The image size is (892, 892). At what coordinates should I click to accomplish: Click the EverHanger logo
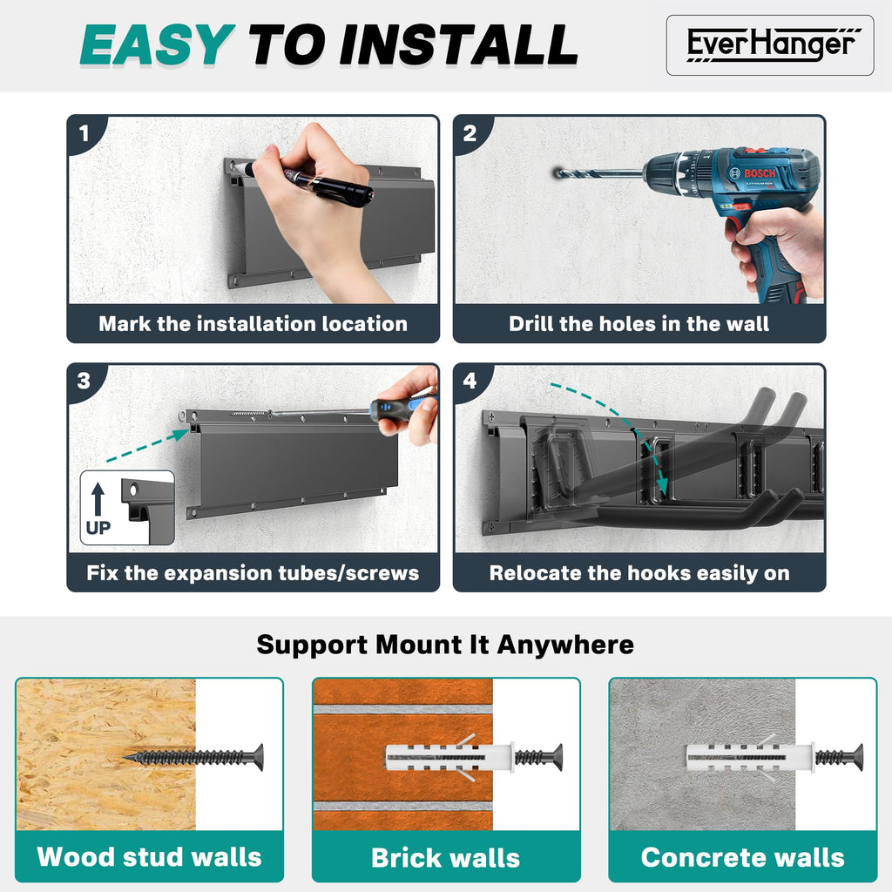coord(770,45)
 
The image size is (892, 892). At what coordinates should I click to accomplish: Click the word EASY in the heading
coord(158,45)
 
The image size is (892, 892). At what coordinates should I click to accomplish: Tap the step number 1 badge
coord(84,133)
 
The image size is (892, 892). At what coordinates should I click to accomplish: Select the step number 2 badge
coord(470,133)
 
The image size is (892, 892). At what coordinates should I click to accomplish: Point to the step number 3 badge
coord(84,381)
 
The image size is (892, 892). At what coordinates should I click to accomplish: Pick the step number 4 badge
coord(470,381)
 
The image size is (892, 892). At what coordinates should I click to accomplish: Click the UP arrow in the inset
coord(98,499)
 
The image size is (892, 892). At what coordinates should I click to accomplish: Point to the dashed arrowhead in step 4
coord(662,486)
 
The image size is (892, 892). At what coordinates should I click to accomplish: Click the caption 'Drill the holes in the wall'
coord(639,324)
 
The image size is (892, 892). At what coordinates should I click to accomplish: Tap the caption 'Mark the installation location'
coord(253,324)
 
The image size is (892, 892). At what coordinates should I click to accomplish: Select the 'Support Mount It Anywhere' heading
coord(445,645)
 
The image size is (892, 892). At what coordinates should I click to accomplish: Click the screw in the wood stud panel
coord(193,757)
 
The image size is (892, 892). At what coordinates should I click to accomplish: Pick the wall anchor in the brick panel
coord(449,758)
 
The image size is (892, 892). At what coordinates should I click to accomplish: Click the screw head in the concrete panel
coord(857,758)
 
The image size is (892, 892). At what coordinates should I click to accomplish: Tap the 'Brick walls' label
coord(445,858)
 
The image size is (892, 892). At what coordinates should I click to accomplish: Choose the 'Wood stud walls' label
coord(149,857)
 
